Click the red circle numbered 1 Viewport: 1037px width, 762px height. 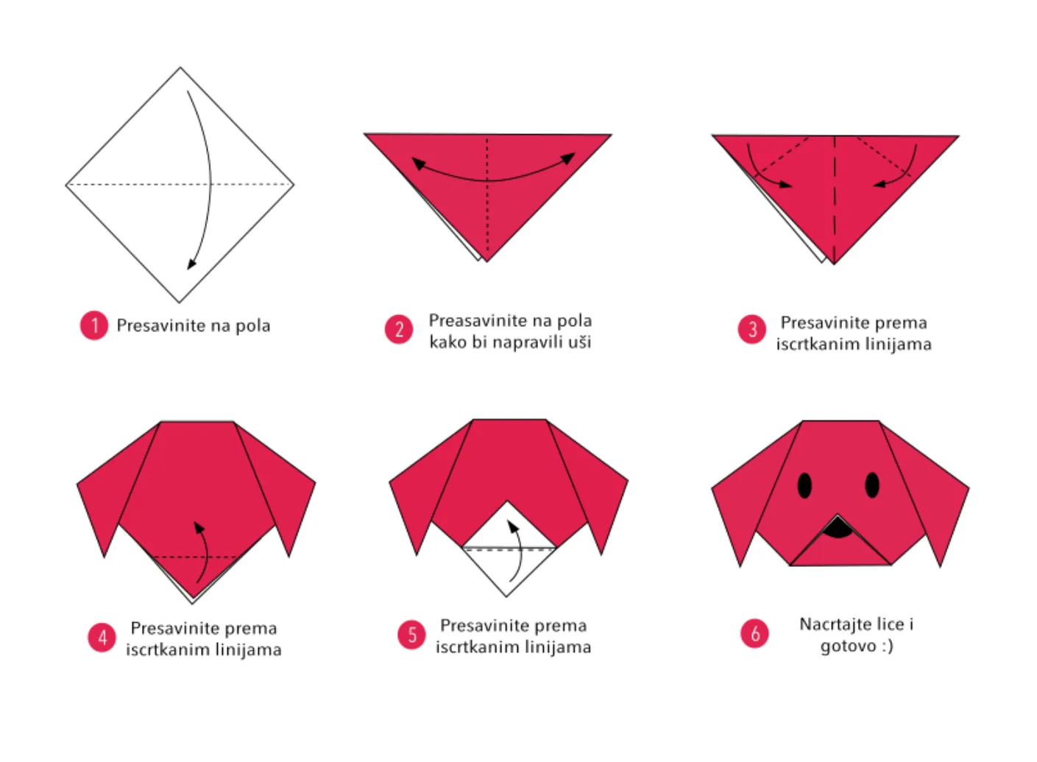(x=94, y=325)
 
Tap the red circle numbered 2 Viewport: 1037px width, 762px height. (x=399, y=329)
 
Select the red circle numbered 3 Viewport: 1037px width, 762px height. (x=752, y=329)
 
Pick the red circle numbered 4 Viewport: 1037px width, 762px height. (x=102, y=638)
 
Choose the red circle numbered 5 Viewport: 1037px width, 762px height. (x=411, y=635)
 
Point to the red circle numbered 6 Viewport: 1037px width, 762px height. (x=754, y=633)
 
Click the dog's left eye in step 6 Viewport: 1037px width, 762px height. (x=805, y=485)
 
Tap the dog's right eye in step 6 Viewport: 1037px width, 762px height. (x=872, y=485)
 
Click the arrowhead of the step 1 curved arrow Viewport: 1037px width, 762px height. (x=191, y=264)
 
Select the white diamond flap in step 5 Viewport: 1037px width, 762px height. (x=508, y=548)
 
